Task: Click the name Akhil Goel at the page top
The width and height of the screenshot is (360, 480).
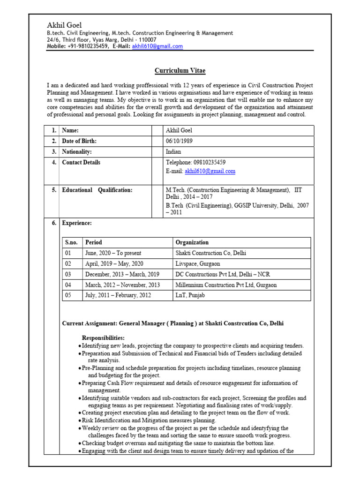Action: pyautogui.click(x=65, y=25)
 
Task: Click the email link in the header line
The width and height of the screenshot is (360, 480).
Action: pyautogui.click(x=157, y=46)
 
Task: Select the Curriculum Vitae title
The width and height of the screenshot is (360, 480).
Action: pyautogui.click(x=180, y=71)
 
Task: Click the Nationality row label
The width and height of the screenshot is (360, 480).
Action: pyautogui.click(x=77, y=152)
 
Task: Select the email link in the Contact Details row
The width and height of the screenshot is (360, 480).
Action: pyautogui.click(x=210, y=172)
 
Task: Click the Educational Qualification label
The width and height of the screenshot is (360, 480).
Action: pyautogui.click(x=97, y=190)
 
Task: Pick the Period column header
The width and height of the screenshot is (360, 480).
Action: pyautogui.click(x=93, y=242)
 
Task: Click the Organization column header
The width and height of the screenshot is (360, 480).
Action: pyautogui.click(x=192, y=242)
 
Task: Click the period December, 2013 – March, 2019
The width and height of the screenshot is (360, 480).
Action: pyautogui.click(x=122, y=274)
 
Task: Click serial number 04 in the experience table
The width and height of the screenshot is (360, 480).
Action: pyautogui.click(x=68, y=285)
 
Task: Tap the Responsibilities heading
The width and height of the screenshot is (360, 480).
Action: pyautogui.click(x=103, y=337)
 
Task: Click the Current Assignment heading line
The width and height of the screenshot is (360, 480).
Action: pyautogui.click(x=172, y=323)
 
